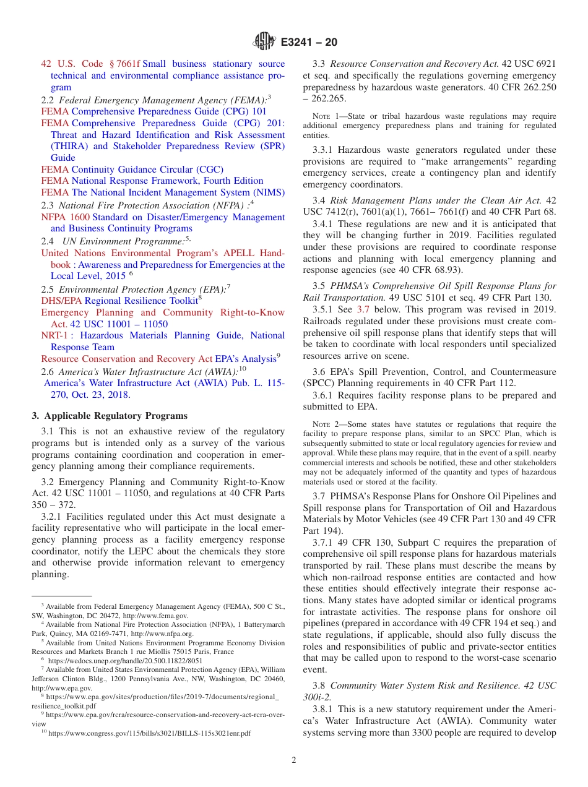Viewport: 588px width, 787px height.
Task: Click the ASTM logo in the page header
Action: pyautogui.click(x=264, y=43)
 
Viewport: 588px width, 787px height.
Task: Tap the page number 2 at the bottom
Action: pyautogui.click(x=294, y=760)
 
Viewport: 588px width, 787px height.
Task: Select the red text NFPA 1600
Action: pyautogui.click(x=65, y=217)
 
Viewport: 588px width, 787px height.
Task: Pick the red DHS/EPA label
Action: pyautogui.click(x=61, y=301)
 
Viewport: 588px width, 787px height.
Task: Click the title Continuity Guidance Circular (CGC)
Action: pyautogui.click(x=147, y=169)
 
